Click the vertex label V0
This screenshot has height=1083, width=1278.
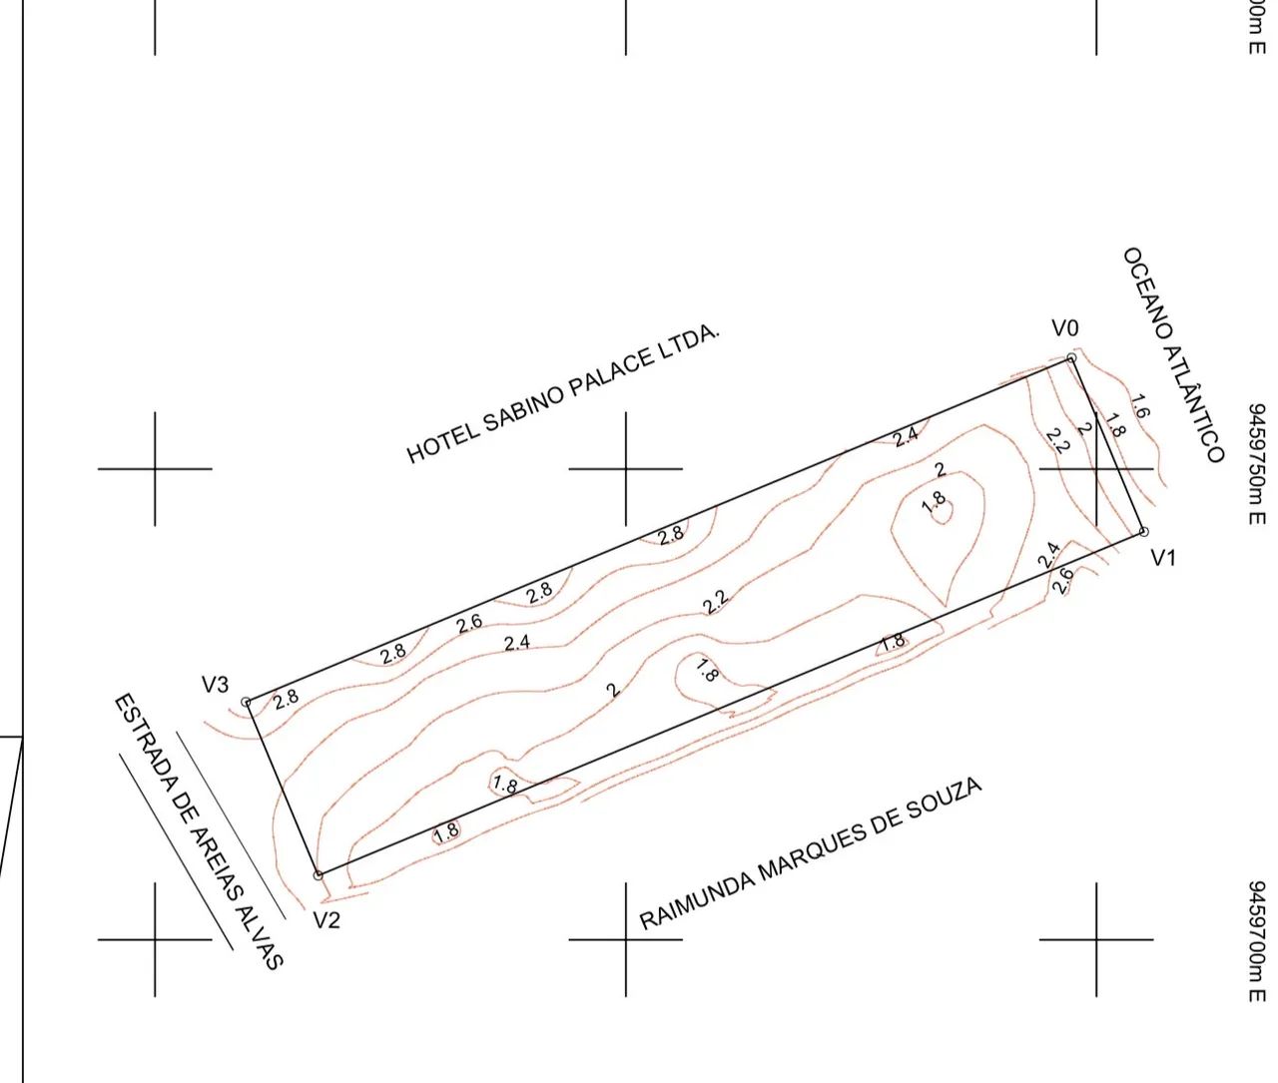(1065, 328)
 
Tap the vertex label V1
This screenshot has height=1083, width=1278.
(1163, 558)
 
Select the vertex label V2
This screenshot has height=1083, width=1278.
(326, 921)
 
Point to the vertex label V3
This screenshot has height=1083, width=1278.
(216, 685)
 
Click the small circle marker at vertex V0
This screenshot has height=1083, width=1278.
(1071, 358)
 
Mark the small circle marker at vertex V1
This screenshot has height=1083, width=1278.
(1144, 532)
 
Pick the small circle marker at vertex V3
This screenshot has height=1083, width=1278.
(246, 702)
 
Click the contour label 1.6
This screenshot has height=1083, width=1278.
(1139, 406)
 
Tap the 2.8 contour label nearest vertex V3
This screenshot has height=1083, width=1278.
(287, 699)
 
